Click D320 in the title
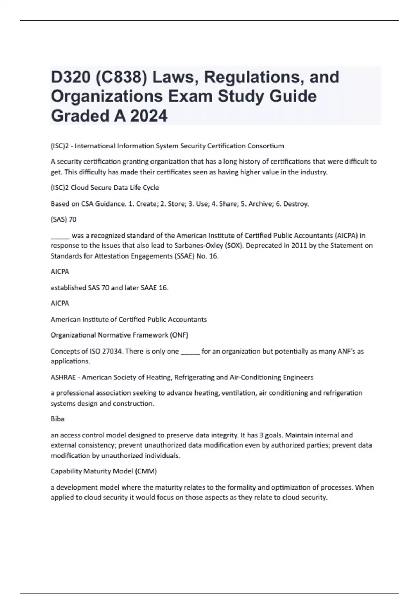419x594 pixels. pyautogui.click(x=70, y=77)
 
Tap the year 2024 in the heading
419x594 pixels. pyautogui.click(x=149, y=116)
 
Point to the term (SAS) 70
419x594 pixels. pyautogui.click(x=64, y=219)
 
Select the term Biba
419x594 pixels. pyautogui.click(x=58, y=419)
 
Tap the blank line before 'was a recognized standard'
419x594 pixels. pyautogui.click(x=60, y=236)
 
